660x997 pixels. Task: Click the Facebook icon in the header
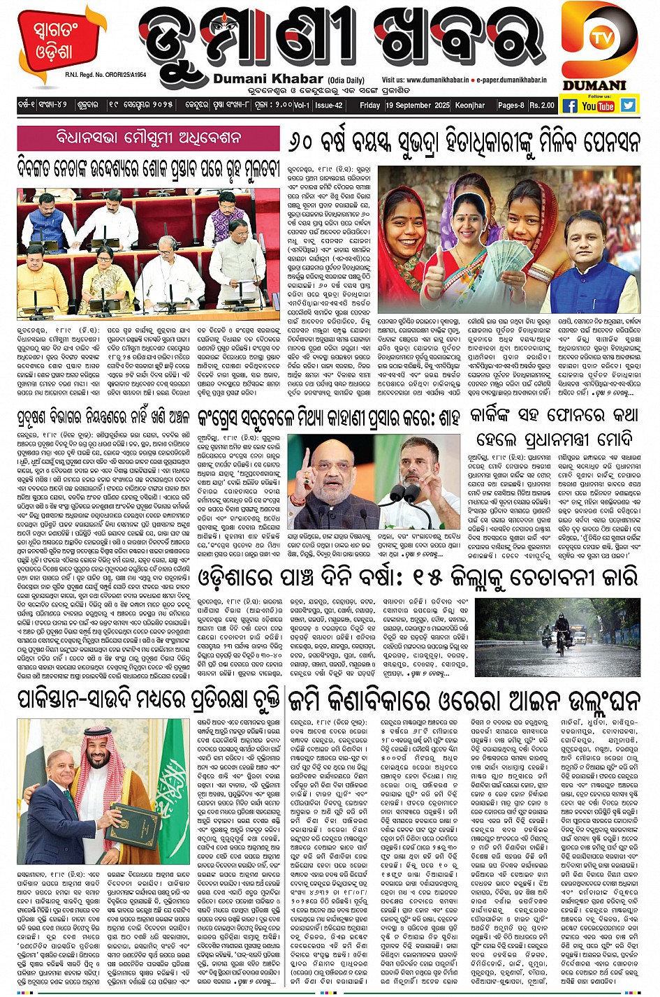(x=570, y=105)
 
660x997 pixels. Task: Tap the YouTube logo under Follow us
(x=598, y=105)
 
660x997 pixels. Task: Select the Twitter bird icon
(x=629, y=105)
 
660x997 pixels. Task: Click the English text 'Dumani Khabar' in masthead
(x=268, y=80)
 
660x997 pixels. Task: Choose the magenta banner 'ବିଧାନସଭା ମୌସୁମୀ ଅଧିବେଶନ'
(x=148, y=137)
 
